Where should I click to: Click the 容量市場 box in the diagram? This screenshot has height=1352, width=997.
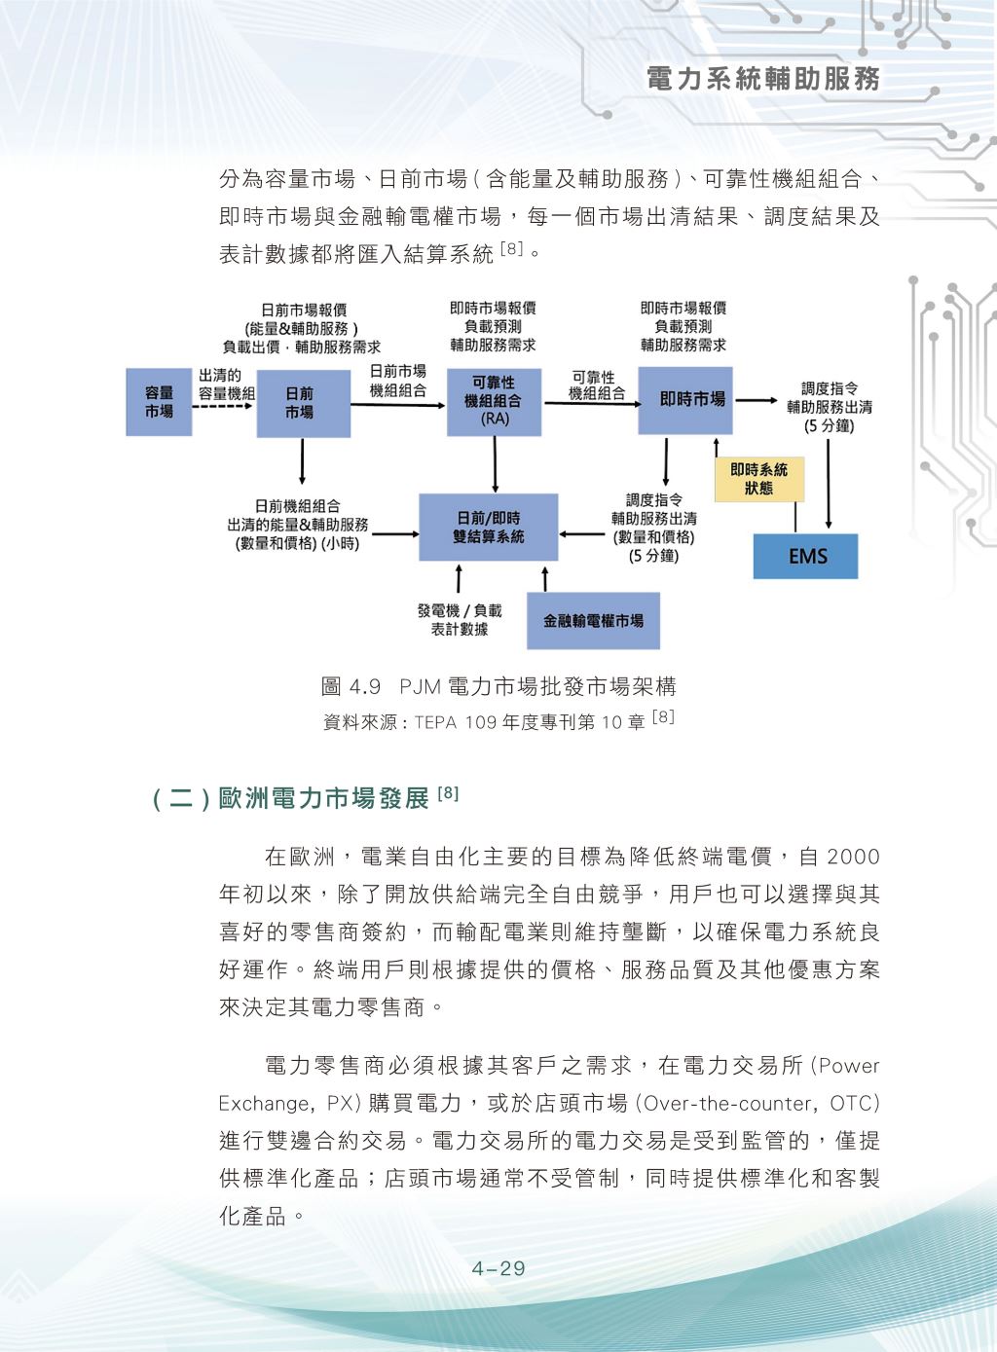click(x=159, y=402)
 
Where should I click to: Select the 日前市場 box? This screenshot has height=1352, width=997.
click(x=302, y=402)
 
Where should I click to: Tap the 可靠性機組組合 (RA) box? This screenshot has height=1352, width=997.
click(x=495, y=401)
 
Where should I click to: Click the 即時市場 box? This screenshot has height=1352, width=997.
click(x=684, y=399)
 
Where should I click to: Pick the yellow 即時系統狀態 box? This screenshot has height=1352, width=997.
click(x=759, y=479)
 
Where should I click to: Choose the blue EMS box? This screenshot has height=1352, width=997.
click(x=805, y=557)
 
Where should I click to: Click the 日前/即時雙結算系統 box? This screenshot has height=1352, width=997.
click(x=488, y=527)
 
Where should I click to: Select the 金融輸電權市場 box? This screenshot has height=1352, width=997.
click(x=593, y=620)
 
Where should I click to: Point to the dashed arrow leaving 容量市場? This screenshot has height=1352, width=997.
click(x=223, y=405)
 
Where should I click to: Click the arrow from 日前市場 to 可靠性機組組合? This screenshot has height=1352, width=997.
click(x=397, y=403)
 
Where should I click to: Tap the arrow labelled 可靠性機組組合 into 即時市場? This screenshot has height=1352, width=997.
click(x=590, y=401)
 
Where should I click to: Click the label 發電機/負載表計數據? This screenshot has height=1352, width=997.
click(x=460, y=620)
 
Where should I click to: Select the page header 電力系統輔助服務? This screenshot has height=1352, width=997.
click(x=763, y=80)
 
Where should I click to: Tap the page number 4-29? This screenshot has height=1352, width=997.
click(x=498, y=1268)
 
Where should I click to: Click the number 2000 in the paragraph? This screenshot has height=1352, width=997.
click(x=853, y=857)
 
